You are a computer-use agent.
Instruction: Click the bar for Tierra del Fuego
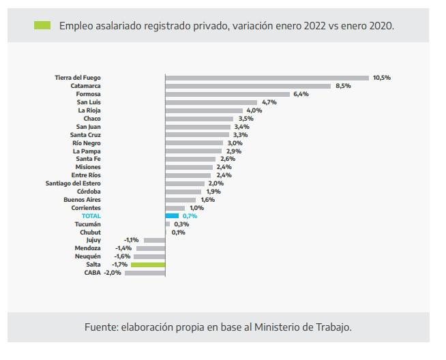coord(267,78)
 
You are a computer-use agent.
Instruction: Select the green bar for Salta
coord(148,264)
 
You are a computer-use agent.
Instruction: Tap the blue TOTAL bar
coord(172,215)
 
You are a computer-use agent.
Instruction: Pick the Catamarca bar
coord(248,86)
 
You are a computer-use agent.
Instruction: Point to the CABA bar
coord(145,272)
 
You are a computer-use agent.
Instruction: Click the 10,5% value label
coord(381,78)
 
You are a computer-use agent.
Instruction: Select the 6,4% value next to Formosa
coord(301,94)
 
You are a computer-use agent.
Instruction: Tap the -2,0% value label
coord(112,272)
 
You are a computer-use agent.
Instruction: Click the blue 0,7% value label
coord(190,215)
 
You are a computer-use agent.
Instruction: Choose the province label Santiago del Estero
coord(73,183)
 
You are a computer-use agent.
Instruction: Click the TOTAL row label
coord(91,215)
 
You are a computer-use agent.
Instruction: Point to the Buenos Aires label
coord(82,200)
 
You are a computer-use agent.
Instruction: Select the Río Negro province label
coord(86,143)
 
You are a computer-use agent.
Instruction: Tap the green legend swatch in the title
coord(42,26)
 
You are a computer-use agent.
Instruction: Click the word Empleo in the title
coord(76,26)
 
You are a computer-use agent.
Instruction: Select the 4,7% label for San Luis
coord(269,102)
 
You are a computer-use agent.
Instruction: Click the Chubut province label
coord(90,232)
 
